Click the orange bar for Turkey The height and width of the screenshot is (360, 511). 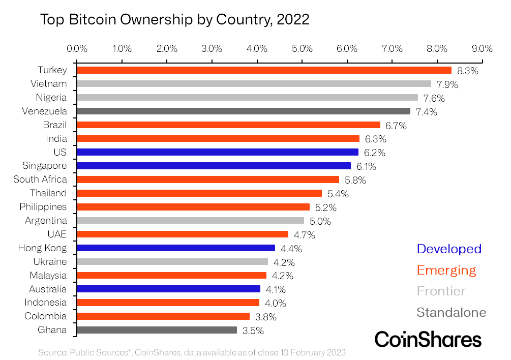(264, 70)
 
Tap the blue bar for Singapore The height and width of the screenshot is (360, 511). (214, 166)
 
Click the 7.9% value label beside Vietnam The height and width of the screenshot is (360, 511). (447, 84)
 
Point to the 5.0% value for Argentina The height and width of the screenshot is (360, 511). (320, 221)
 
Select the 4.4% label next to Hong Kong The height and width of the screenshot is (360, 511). (291, 249)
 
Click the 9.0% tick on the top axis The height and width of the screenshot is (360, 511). (482, 49)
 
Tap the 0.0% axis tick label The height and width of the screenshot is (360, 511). (77, 49)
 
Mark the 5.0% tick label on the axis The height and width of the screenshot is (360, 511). (302, 49)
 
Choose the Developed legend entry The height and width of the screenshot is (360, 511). (448, 249)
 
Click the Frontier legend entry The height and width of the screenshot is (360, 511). (441, 291)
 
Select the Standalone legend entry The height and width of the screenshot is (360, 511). (451, 312)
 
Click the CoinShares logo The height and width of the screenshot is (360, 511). (428, 339)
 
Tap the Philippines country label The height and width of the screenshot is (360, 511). (43, 207)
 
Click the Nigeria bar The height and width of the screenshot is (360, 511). (247, 98)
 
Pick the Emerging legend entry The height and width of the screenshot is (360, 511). (446, 270)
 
